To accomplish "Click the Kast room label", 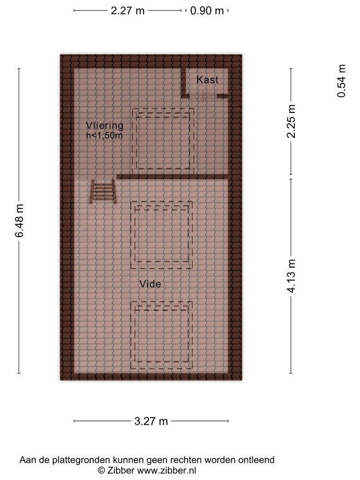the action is pos(207,80).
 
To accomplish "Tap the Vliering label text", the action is pos(104,126).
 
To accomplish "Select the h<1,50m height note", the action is pos(104,135).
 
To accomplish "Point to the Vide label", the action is pos(150,284).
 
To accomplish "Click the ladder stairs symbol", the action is pos(103,192).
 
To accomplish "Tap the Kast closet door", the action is pos(203,96).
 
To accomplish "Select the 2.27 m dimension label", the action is pos(128,11).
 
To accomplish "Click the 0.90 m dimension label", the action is pos(207,11).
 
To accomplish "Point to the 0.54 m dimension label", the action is pos(341,81).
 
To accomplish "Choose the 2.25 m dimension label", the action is pos(291,121).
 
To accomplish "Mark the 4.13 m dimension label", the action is pos(291,276).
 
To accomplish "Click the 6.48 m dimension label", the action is pos(19,221).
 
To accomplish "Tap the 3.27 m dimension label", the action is pos(151,421).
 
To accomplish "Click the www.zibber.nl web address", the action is pos(167,471).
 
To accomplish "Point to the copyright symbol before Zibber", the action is pos(101,471).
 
